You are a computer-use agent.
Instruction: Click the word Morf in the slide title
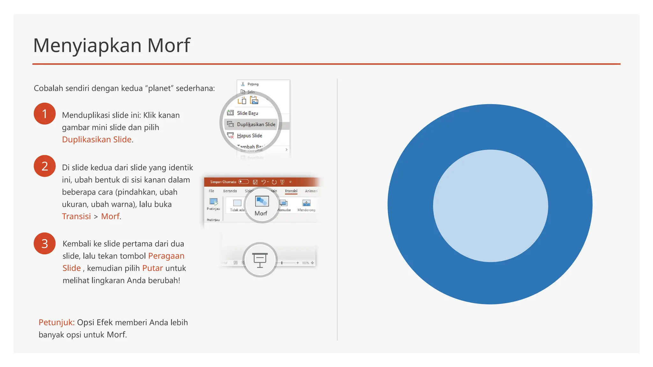(x=168, y=46)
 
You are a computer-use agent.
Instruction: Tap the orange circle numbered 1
(x=45, y=114)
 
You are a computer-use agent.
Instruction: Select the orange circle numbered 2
(x=45, y=166)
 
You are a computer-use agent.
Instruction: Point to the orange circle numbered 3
(x=45, y=243)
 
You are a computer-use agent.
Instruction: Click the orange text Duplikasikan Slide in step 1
(x=97, y=140)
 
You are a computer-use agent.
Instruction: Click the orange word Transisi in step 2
(x=76, y=216)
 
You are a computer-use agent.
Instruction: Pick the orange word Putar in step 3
(x=152, y=268)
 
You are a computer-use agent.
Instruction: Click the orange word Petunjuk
(x=56, y=322)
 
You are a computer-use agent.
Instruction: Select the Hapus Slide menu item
(x=249, y=136)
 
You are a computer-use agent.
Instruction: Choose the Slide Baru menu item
(x=247, y=113)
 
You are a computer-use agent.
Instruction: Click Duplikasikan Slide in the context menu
(x=256, y=124)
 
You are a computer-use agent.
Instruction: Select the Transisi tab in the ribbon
(x=291, y=191)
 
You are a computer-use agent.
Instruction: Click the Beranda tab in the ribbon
(x=230, y=191)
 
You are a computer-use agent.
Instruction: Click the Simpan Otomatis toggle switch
(x=244, y=182)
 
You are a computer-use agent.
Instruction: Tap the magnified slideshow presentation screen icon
(x=260, y=260)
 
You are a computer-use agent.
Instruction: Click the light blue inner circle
(x=490, y=206)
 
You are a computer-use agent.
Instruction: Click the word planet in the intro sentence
(x=161, y=88)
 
